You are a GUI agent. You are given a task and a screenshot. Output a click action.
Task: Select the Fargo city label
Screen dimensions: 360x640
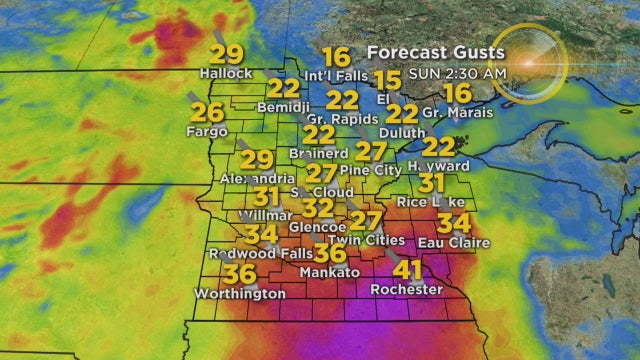pos(208,130)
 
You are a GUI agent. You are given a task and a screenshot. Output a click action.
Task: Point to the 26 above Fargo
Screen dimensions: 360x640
pos(208,111)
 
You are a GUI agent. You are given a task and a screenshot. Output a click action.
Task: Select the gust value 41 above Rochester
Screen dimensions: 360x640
pos(407,270)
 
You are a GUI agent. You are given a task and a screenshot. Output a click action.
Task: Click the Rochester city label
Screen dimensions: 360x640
pos(406,289)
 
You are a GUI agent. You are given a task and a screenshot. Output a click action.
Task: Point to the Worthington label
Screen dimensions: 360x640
pos(241,293)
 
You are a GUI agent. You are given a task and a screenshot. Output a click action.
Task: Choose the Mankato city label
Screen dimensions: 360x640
pos(329,272)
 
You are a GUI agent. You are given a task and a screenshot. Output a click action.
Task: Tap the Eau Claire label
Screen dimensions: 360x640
pos(456,242)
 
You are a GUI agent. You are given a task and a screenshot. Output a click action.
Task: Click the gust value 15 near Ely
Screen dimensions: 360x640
pos(388,80)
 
